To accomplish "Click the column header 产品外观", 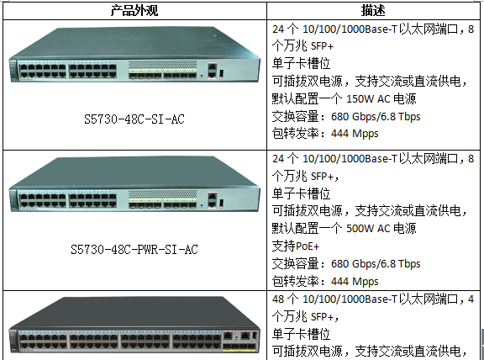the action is (134, 10).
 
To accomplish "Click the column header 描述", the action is (373, 10).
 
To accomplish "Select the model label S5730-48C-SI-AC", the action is (134, 119).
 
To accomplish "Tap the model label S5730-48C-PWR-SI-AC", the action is (134, 249).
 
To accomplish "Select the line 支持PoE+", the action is (296, 246).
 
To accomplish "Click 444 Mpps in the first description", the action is (355, 134).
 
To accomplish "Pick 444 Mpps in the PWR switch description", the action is (355, 282).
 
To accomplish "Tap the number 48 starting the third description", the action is (278, 299).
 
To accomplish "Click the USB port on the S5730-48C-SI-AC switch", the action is (221, 73).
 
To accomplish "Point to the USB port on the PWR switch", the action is (221, 203).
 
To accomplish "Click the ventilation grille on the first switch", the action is (163, 65).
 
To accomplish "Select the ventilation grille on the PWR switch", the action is (163, 194).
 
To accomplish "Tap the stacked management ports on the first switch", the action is (213, 70).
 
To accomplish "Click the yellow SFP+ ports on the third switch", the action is (239, 349).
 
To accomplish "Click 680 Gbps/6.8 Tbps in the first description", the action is (376, 117).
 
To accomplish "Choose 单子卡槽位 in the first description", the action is (302, 64).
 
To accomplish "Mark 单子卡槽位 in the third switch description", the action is (302, 334).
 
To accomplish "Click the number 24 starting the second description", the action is (278, 159).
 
